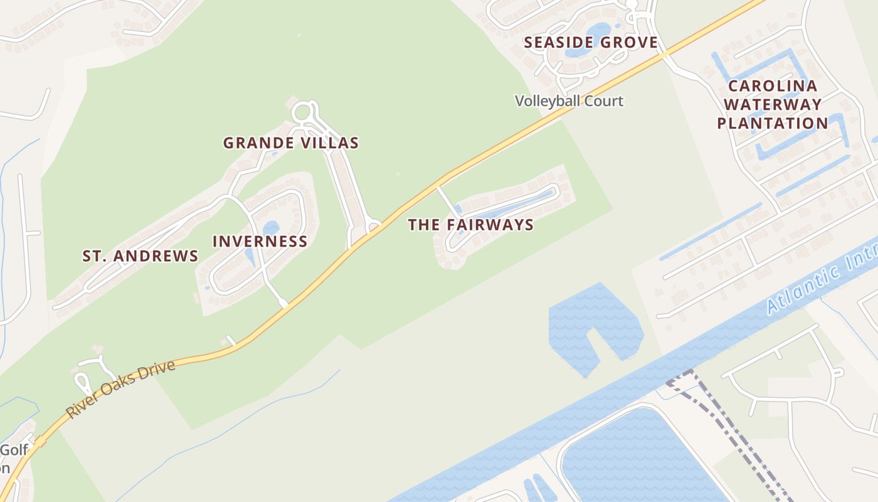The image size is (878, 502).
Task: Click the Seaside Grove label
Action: (591, 43)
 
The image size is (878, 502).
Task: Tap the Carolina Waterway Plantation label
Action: (773, 104)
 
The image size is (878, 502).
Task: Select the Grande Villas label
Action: (291, 143)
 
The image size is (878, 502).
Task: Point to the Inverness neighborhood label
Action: (260, 242)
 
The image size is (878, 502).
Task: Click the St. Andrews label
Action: (140, 256)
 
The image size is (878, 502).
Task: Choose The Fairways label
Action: (470, 225)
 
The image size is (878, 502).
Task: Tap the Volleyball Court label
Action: (569, 100)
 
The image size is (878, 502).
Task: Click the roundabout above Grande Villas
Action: (302, 113)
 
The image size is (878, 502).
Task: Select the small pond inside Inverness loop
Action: (271, 228)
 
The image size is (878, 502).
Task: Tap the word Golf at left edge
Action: (14, 449)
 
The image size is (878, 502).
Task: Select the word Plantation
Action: (773, 123)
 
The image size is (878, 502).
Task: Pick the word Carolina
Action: (773, 85)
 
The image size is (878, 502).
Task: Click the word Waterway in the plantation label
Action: (773, 104)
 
